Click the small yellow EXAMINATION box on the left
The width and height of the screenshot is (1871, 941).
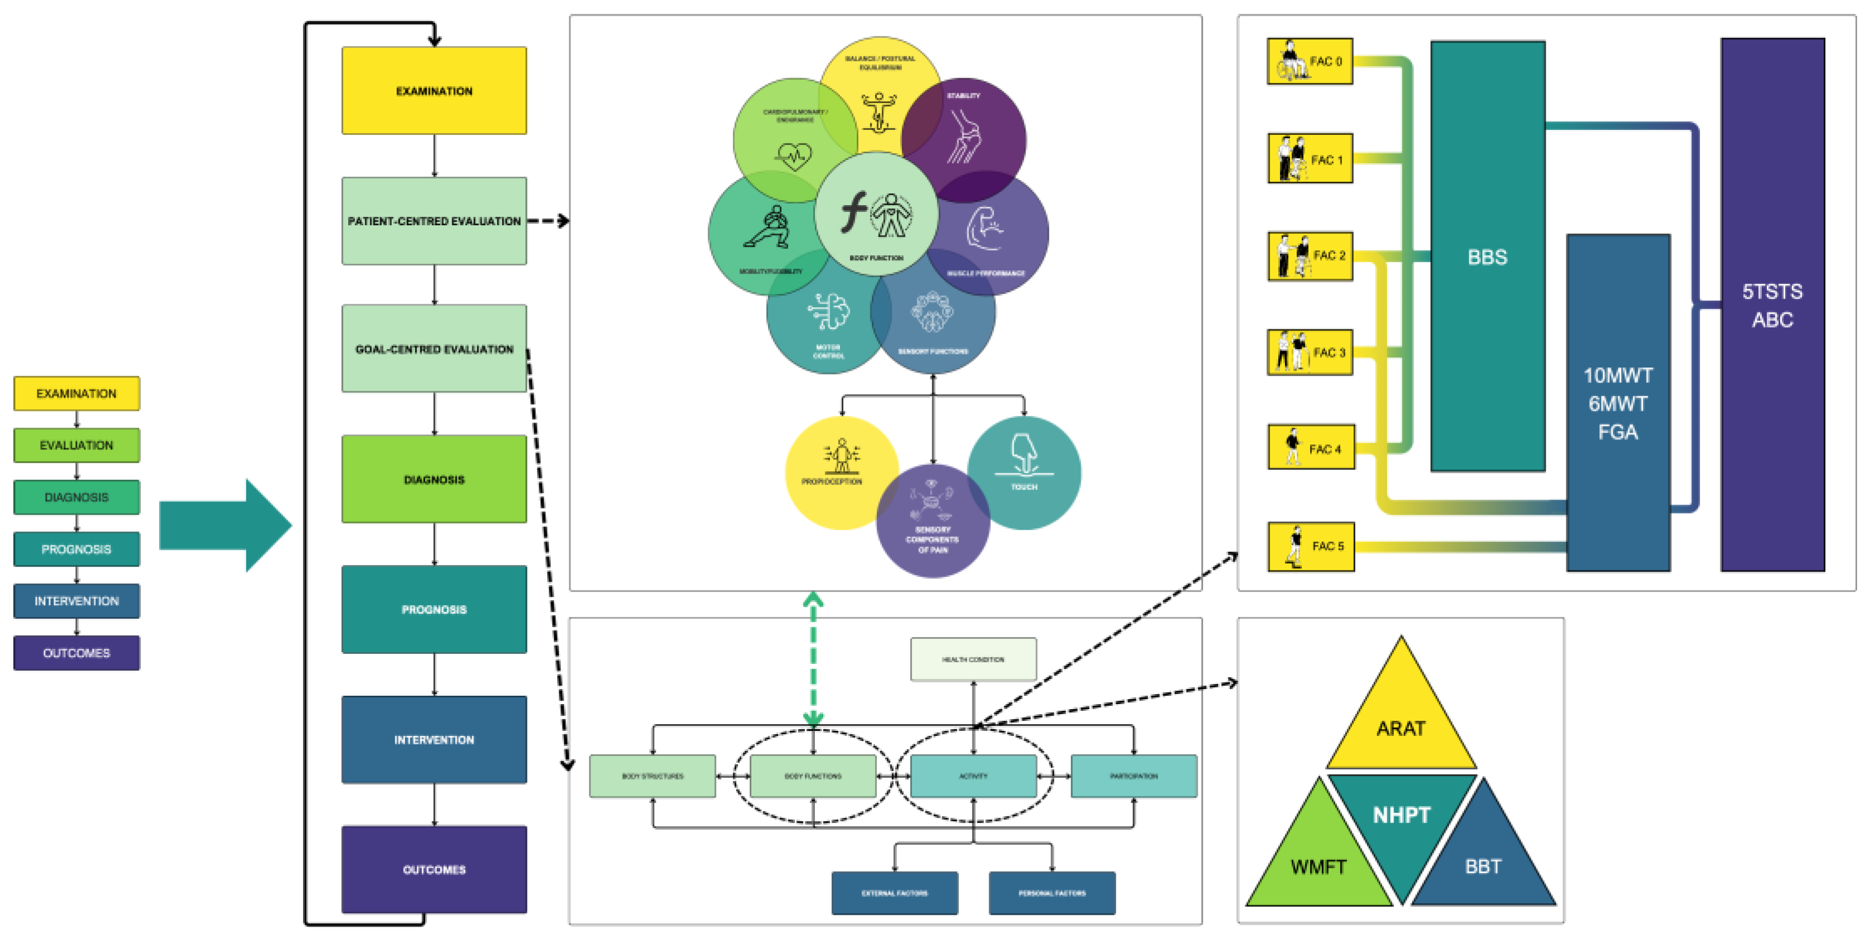(x=76, y=393)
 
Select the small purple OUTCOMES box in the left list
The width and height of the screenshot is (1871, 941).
(x=76, y=653)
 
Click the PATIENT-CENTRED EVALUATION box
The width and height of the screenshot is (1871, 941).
(x=433, y=221)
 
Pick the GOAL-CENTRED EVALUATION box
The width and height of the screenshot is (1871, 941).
(x=433, y=349)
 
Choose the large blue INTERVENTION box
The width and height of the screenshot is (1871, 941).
(x=433, y=739)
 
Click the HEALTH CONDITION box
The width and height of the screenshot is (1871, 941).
(x=973, y=659)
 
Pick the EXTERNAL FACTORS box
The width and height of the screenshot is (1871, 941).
(x=894, y=893)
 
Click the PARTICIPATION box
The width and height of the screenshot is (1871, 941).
(x=1133, y=776)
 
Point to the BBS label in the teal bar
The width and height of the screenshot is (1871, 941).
(x=1487, y=257)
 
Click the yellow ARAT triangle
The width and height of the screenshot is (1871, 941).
(x=1400, y=726)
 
